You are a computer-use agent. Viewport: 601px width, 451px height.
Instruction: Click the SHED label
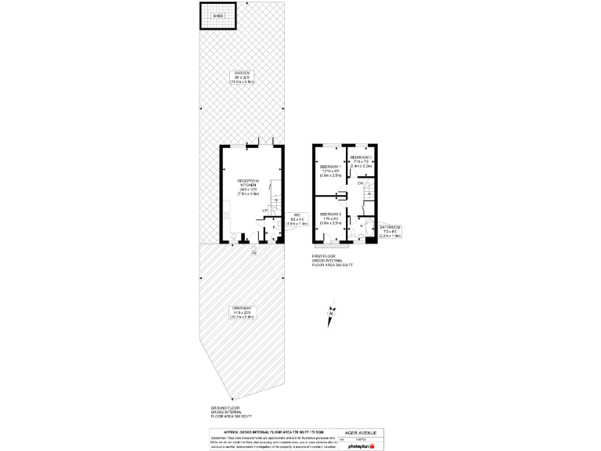[x=218, y=15]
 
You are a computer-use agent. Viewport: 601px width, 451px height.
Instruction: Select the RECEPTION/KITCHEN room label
[x=247, y=184]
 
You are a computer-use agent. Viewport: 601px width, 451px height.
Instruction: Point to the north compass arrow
[x=331, y=315]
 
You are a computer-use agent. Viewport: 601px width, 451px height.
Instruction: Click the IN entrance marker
[x=254, y=253]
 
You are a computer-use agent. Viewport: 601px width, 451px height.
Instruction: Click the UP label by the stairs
[x=265, y=211]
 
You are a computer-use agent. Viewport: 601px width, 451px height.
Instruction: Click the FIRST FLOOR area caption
[x=333, y=260]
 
